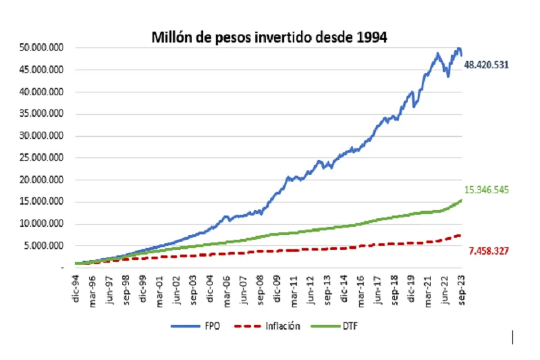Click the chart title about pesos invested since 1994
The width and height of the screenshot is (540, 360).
(x=269, y=37)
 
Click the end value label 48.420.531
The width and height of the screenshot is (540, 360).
(x=486, y=65)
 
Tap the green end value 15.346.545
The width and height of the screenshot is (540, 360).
(x=486, y=190)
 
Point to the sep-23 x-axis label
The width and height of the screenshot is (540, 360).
(x=462, y=288)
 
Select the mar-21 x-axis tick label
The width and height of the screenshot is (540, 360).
(x=428, y=288)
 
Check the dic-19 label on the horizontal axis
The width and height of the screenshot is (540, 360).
(x=411, y=288)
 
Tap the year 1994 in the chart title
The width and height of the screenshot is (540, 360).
(x=370, y=37)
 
